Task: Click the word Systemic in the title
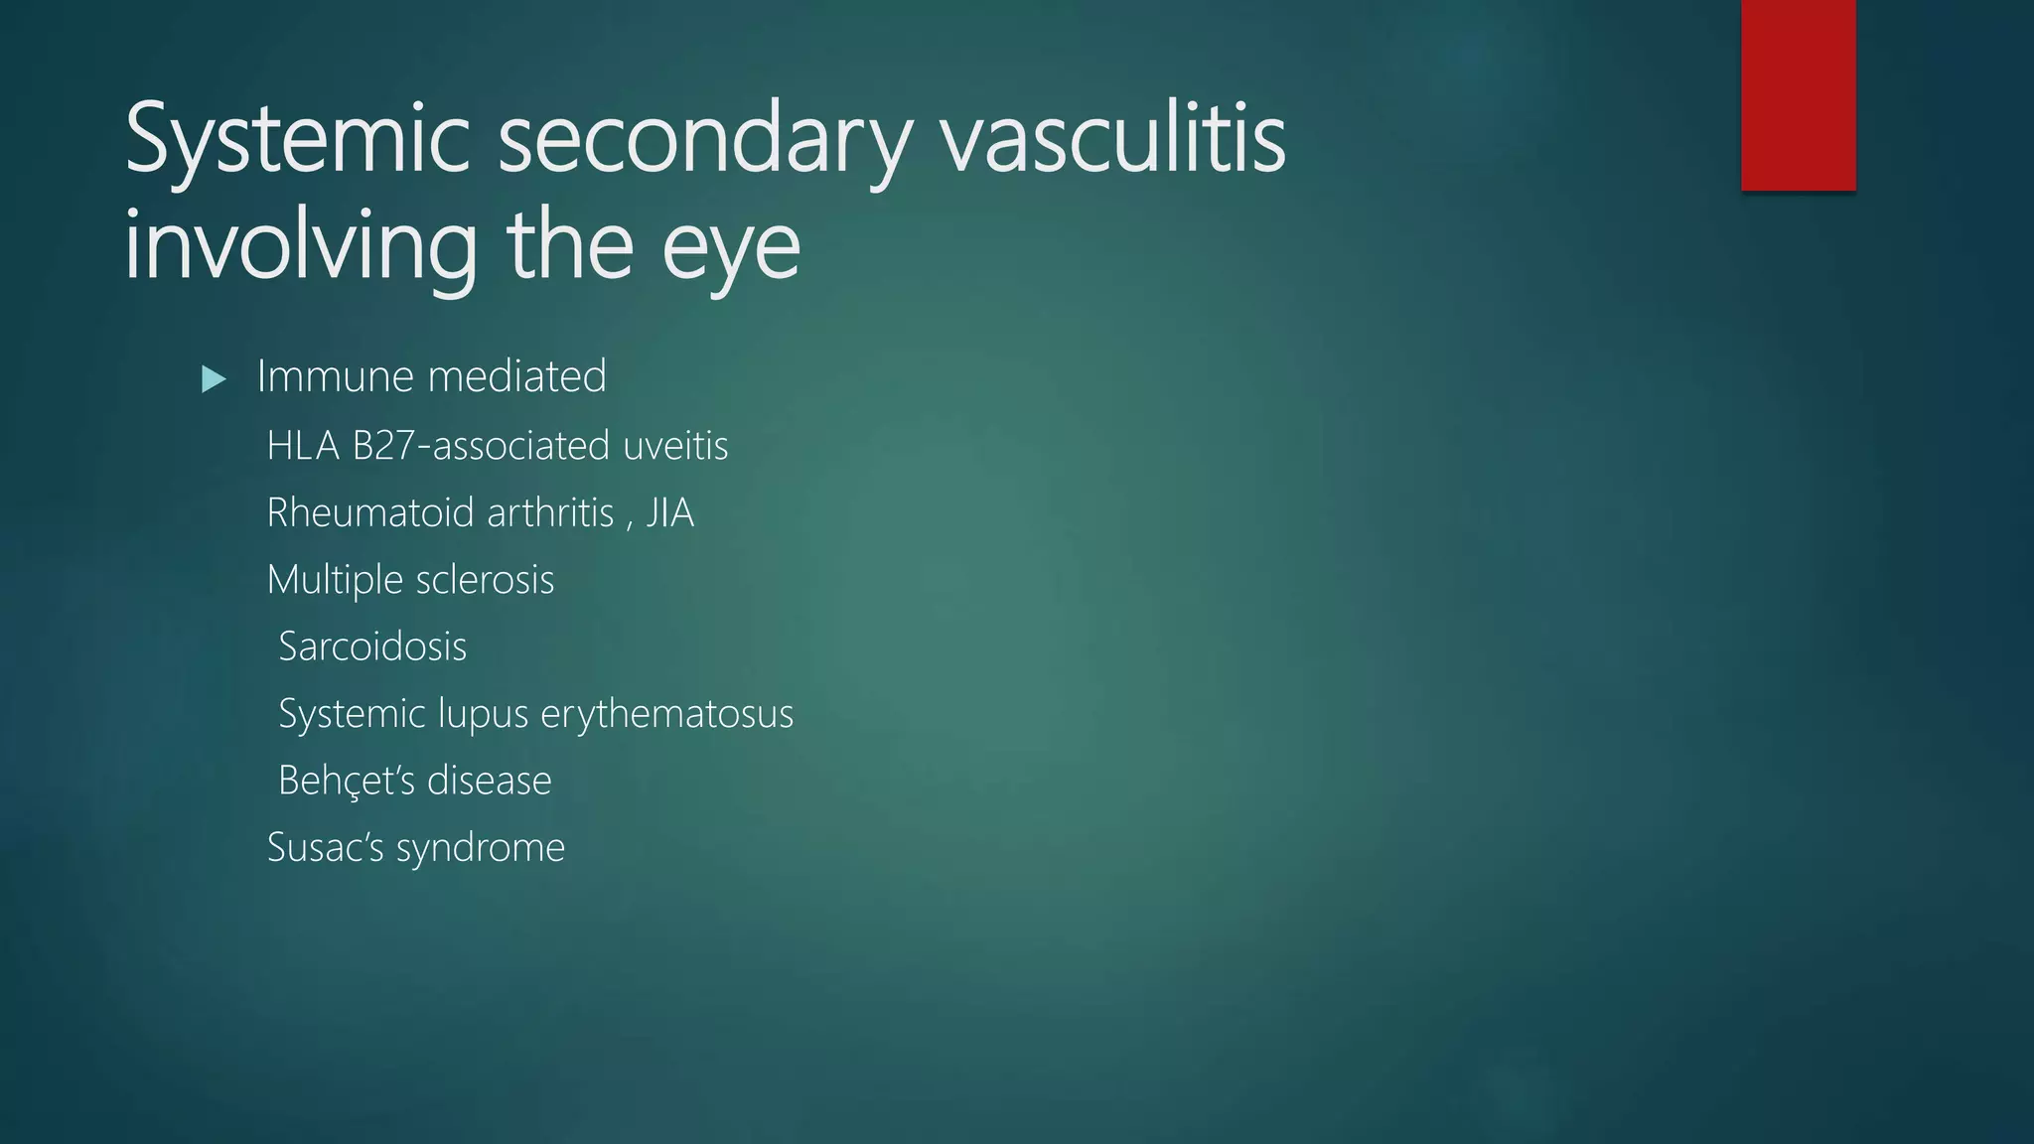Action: (297, 139)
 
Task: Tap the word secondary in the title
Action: (704, 139)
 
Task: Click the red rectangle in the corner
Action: (1798, 94)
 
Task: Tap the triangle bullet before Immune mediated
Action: (214, 378)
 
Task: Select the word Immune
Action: (336, 376)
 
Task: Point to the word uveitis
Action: (675, 446)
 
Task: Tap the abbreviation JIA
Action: (670, 513)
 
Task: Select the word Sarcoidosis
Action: (372, 646)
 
